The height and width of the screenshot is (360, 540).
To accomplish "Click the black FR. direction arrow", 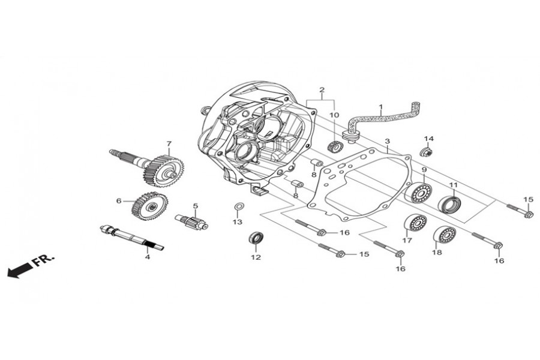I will coord(19,271).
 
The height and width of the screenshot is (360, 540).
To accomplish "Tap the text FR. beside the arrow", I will coord(43,260).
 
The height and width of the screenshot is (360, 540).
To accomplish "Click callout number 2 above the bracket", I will coord(322,91).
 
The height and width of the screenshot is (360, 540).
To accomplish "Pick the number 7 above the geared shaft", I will coord(169,144).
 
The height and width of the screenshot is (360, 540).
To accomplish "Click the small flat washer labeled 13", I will coord(238,208).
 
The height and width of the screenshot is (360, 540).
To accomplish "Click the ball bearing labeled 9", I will coord(419,193).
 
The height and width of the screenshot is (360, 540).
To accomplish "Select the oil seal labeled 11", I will coord(449,205).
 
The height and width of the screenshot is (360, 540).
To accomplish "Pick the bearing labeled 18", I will coord(443,235).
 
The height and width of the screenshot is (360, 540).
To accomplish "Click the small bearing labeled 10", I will coord(335,146).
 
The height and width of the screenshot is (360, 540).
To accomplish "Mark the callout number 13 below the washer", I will coord(238,222).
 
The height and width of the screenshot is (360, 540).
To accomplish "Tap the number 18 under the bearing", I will coord(437,253).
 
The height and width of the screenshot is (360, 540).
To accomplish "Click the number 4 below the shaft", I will coord(147,257).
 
